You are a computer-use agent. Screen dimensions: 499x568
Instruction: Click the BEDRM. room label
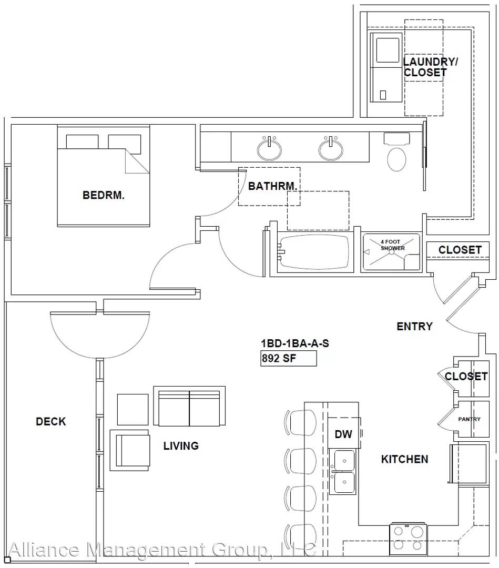(x=104, y=195)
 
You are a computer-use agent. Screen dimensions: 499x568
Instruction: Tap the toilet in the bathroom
(x=396, y=152)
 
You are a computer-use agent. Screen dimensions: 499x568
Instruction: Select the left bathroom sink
(x=269, y=148)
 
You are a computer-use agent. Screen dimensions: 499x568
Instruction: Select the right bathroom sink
(x=331, y=148)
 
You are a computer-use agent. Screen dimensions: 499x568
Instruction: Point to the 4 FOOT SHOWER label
(x=392, y=245)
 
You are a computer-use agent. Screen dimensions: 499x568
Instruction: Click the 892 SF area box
(x=289, y=358)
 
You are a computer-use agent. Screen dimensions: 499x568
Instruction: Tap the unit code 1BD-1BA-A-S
(x=295, y=343)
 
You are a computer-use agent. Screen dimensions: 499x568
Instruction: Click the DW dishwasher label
(x=343, y=434)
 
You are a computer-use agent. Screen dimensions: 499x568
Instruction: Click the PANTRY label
(x=470, y=419)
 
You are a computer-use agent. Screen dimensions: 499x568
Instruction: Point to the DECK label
(x=50, y=421)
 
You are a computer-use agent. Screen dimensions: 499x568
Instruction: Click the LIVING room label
(x=181, y=445)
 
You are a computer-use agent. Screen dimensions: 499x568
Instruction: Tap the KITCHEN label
(x=404, y=459)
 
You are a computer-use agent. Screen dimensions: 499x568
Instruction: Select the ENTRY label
(x=415, y=327)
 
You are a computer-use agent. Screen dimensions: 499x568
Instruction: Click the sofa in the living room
(x=189, y=406)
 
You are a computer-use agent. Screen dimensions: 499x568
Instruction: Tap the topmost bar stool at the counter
(x=301, y=422)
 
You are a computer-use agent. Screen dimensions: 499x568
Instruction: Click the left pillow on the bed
(x=82, y=141)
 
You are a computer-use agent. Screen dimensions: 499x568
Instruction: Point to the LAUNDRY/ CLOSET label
(x=430, y=67)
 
